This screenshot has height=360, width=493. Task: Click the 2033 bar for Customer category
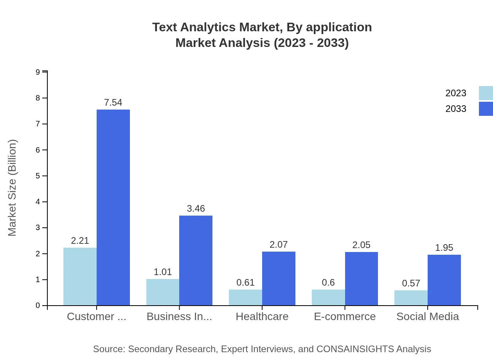(x=113, y=207)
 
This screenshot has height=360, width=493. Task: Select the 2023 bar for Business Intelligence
(x=163, y=292)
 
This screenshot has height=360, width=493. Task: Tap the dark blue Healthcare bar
(x=279, y=279)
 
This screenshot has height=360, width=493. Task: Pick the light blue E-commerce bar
(x=328, y=297)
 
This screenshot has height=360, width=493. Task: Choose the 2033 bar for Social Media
(x=444, y=280)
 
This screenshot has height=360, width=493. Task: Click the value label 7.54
(x=113, y=103)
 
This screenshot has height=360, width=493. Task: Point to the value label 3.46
(x=196, y=209)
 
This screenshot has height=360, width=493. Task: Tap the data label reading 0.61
(x=245, y=283)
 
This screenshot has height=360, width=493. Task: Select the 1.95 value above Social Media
(x=444, y=248)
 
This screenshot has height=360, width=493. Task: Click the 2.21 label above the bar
(x=80, y=241)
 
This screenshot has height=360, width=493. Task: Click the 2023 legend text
(x=456, y=93)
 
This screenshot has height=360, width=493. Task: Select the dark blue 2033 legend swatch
(x=486, y=109)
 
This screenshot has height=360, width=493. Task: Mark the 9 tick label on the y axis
(x=38, y=72)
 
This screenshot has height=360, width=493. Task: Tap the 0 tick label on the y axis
(x=38, y=306)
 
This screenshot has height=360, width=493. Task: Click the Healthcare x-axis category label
(x=262, y=317)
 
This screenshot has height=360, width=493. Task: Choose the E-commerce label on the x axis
(x=345, y=317)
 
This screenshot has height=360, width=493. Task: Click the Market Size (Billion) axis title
(x=13, y=188)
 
